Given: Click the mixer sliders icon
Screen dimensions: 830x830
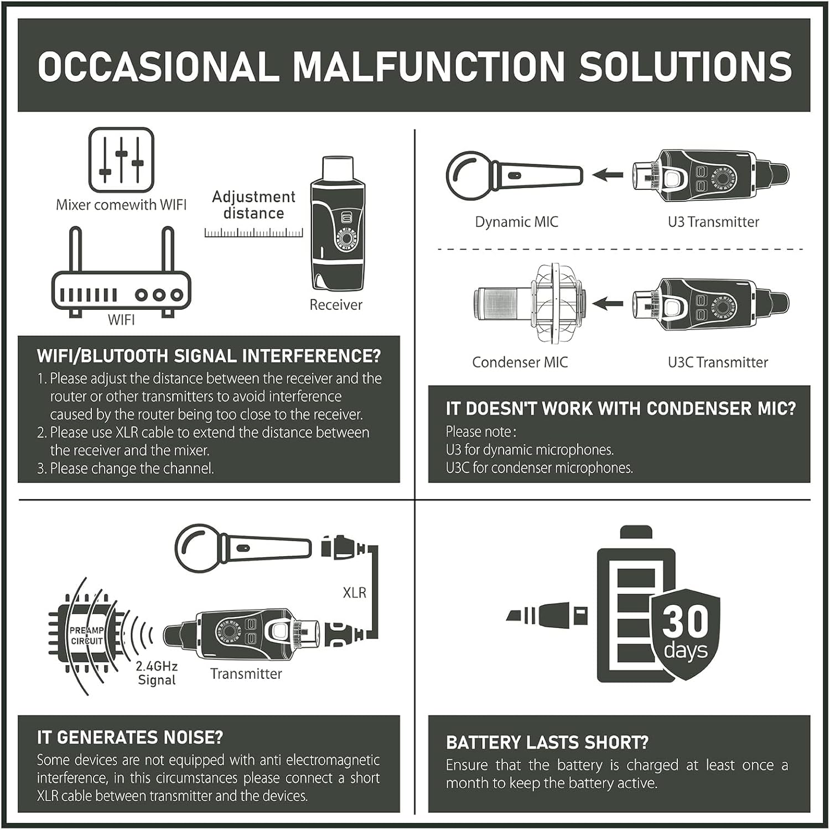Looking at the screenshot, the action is (x=121, y=160).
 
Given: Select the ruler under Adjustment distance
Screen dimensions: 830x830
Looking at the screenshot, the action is (x=253, y=232).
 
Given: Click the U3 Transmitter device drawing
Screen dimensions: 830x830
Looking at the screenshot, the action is (x=711, y=175).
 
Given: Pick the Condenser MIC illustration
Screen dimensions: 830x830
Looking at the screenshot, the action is (x=530, y=303).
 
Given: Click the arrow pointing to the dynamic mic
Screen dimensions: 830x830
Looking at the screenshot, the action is (x=608, y=175).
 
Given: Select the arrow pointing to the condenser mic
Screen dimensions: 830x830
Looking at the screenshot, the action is (x=608, y=304).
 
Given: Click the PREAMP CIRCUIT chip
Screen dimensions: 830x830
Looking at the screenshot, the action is (x=87, y=636).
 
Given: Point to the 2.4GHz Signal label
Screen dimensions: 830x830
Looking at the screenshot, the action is (x=157, y=673).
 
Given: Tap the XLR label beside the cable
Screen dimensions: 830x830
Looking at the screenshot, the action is (x=355, y=593).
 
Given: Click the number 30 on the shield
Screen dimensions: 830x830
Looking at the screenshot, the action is (x=686, y=622).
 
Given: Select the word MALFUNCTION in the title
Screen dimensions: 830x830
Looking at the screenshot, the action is (x=428, y=66).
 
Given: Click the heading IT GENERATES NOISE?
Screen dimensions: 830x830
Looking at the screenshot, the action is (x=130, y=737).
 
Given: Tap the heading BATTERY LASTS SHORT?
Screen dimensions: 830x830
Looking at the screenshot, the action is (x=547, y=743).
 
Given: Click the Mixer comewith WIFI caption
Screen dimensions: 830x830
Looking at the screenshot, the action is (x=121, y=205).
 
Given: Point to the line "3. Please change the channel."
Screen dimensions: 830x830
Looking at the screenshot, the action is (x=126, y=468).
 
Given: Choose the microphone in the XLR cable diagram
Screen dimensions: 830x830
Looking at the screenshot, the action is (x=243, y=548).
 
